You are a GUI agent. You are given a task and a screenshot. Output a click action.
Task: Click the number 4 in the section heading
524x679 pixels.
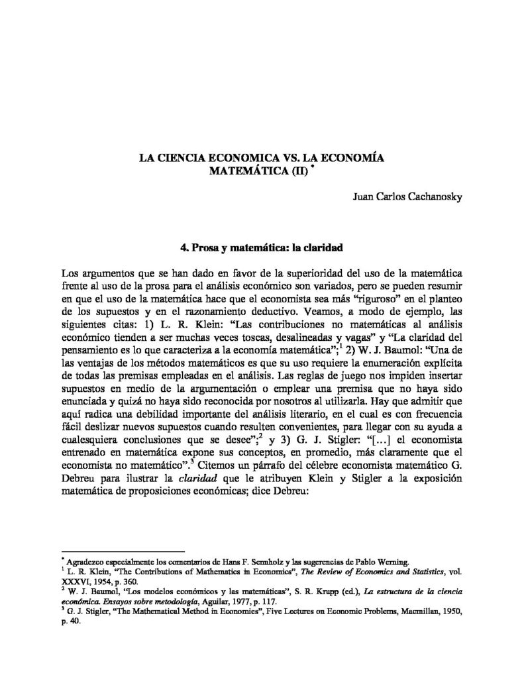tap(183, 245)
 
